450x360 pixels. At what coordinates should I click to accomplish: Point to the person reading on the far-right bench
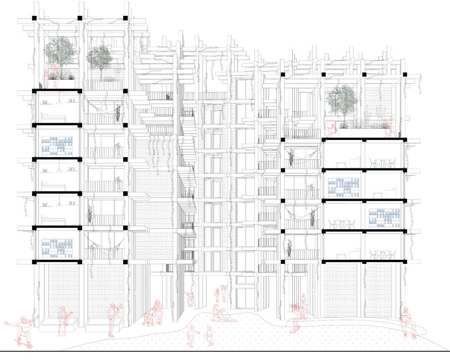coord(407,322)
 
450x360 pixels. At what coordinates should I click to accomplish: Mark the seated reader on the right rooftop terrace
coord(332,129)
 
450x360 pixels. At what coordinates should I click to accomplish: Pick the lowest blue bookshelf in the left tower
coord(57,246)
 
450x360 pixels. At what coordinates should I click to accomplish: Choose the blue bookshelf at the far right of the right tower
coord(382,215)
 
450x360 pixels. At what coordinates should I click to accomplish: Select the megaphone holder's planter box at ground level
coord(104,324)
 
